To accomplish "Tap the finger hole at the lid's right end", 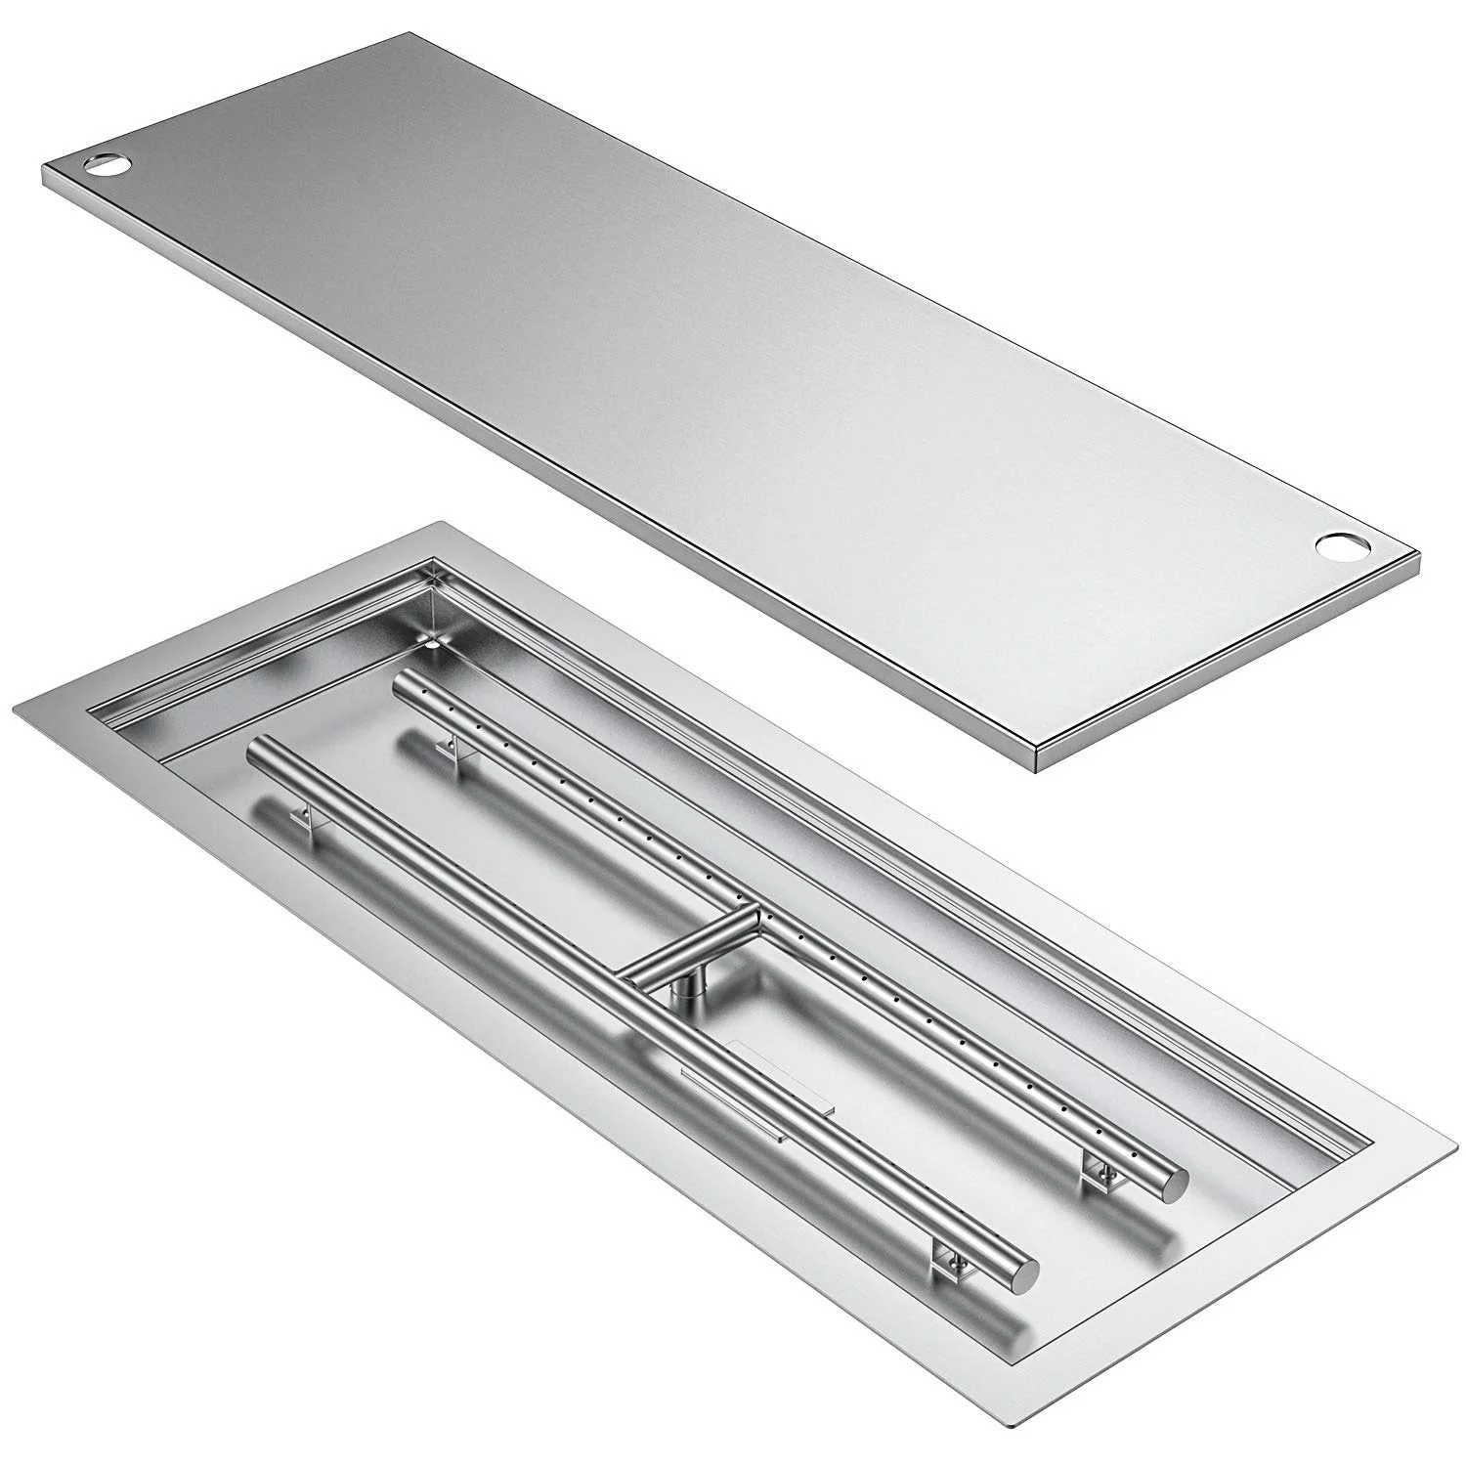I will point(1335,546).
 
